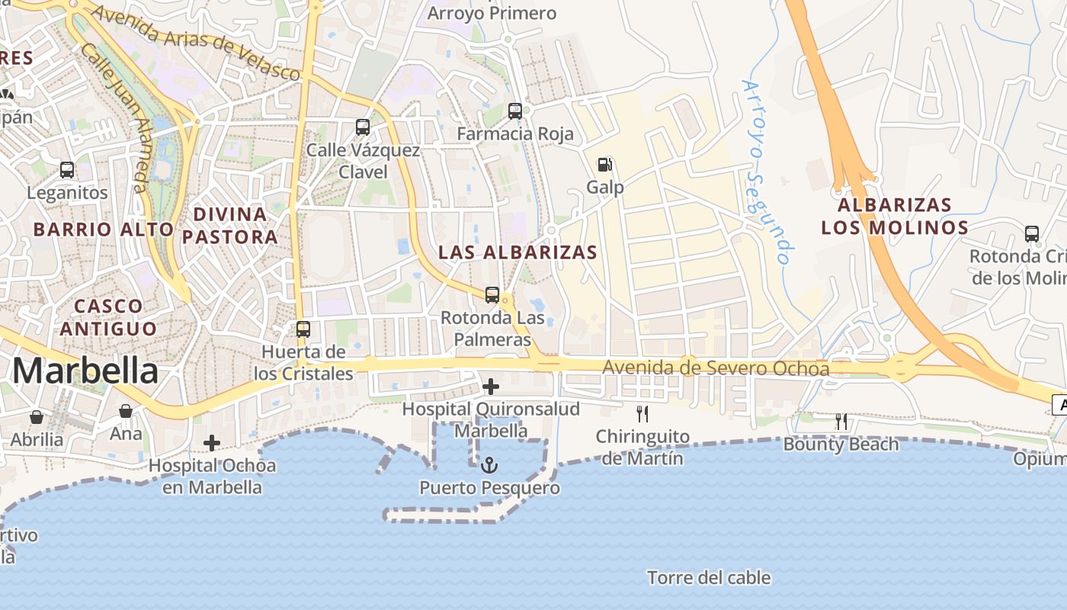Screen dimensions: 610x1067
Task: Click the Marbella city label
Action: pos(85,371)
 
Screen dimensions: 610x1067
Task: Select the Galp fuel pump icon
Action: pos(605,164)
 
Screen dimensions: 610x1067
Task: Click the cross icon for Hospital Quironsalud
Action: pos(491,387)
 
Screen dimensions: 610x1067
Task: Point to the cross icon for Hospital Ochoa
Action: pos(212,442)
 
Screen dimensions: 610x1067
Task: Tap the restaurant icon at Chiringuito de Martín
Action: pos(642,414)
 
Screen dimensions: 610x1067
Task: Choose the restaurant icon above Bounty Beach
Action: pos(841,421)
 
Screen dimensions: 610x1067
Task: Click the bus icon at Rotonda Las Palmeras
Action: pos(492,294)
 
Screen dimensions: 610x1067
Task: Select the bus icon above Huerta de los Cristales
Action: pos(303,329)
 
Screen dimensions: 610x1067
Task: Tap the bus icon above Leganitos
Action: pos(67,170)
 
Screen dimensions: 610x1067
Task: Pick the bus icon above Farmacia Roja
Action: pos(515,111)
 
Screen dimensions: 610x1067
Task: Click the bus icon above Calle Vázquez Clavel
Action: pos(363,127)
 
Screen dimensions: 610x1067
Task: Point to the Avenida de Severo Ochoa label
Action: pos(716,368)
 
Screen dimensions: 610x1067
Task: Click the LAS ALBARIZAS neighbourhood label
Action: pos(518,252)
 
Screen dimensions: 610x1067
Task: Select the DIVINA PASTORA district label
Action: pos(230,225)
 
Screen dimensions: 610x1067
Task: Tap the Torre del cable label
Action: pos(709,578)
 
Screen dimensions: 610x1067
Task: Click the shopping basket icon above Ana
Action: pos(126,411)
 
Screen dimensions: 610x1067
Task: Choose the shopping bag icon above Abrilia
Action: pos(37,417)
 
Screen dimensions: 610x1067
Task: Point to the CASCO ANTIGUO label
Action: pos(108,317)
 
